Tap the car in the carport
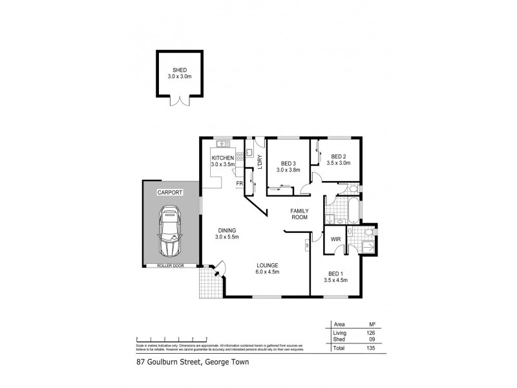[x=171, y=232]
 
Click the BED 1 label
[x=335, y=274]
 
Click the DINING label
[x=226, y=230]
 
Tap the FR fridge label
[x=239, y=184]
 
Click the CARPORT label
[x=170, y=193]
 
